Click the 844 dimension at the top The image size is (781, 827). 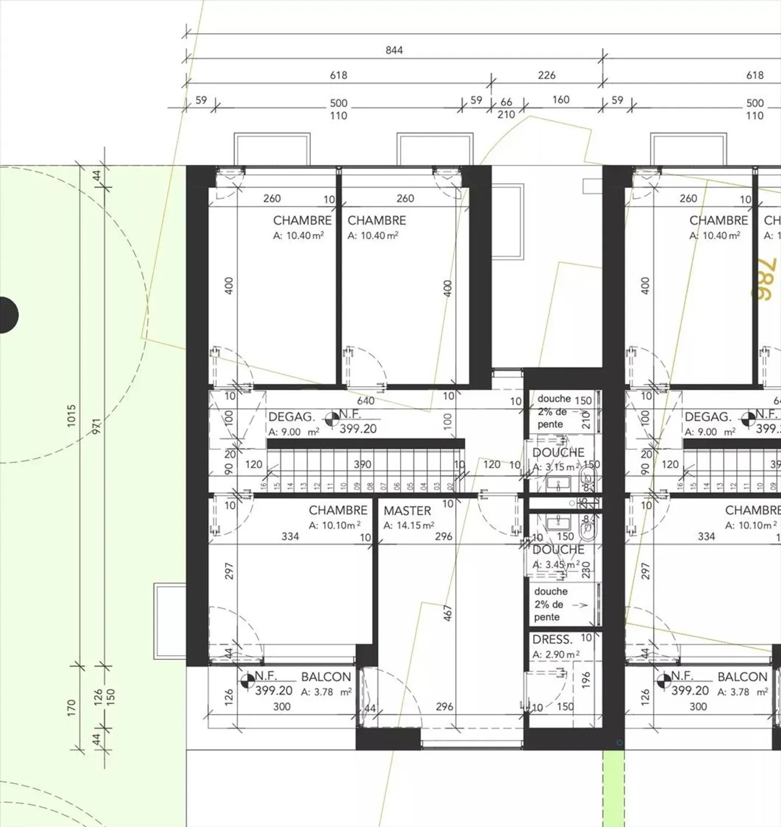394,50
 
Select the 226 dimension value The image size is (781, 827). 546,75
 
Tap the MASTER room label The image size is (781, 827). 407,511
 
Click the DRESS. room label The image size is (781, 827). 552,639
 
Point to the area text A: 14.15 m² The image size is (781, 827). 408,525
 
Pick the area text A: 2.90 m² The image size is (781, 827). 556,655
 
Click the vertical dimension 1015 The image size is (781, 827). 72,415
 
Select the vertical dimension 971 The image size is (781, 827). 97,426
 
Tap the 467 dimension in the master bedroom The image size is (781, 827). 447,613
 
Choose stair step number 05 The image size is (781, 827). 410,486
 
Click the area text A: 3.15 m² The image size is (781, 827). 556,467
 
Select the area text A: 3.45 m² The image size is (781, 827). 556,565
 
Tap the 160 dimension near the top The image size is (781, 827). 560,100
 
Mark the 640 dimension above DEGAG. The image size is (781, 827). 366,401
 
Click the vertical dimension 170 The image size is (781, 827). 72,708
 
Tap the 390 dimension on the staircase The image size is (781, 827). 362,465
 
